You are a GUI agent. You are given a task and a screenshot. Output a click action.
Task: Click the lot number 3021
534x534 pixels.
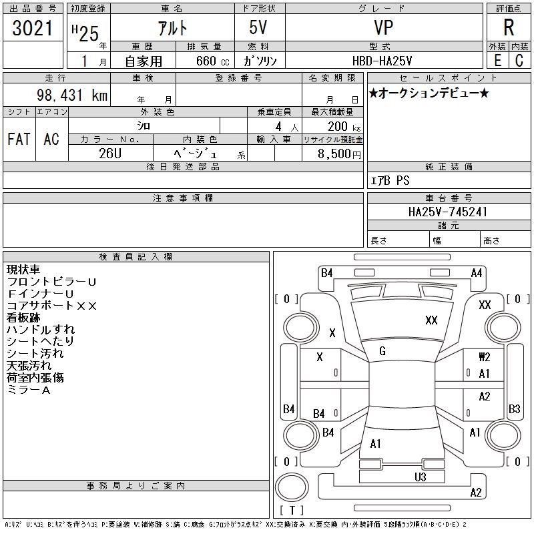[33, 29]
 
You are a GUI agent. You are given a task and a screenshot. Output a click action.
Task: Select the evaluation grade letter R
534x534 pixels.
[509, 28]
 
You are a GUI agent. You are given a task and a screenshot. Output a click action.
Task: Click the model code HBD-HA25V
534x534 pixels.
[382, 61]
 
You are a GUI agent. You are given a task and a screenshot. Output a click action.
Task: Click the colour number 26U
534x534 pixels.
[110, 154]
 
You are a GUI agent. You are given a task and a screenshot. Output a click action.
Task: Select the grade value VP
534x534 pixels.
[382, 28]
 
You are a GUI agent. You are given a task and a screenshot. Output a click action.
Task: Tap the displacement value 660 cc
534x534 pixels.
[203, 61]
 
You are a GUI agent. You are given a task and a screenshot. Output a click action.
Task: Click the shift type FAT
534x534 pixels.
[19, 139]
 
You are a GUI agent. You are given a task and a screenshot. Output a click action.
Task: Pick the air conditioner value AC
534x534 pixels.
[51, 139]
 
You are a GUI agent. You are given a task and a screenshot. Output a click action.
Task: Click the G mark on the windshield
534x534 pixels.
[382, 351]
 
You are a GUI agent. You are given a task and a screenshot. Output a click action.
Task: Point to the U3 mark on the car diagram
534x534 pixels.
[420, 477]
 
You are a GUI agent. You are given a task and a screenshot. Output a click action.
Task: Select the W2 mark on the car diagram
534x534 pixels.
[485, 357]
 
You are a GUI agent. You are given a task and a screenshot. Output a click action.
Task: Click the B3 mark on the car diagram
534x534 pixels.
[514, 409]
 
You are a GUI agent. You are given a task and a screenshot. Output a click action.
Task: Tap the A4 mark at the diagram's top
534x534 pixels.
[477, 272]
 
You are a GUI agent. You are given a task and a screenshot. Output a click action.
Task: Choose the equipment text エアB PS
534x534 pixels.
[390, 180]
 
